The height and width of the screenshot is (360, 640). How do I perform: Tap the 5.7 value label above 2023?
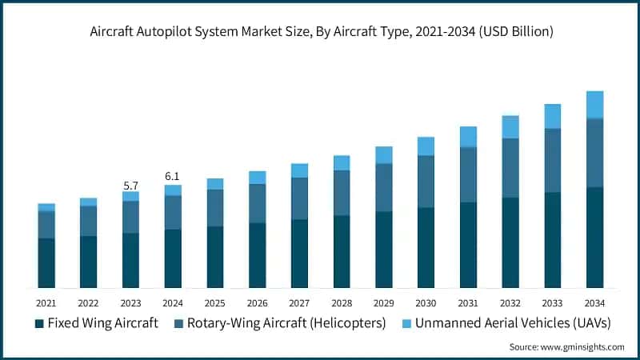[x=130, y=186]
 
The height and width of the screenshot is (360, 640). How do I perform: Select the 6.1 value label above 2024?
[x=173, y=176]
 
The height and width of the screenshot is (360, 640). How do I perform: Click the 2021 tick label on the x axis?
[x=46, y=303]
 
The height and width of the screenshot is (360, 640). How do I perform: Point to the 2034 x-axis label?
[x=594, y=303]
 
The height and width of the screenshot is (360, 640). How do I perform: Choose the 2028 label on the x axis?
[x=342, y=303]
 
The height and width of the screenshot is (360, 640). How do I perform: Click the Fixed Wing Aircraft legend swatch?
[x=38, y=323]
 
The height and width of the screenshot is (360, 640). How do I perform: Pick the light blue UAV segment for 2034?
[x=594, y=105]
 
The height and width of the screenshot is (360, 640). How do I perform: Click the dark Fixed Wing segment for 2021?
[x=46, y=262]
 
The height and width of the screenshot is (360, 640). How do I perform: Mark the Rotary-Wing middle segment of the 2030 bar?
[x=426, y=182]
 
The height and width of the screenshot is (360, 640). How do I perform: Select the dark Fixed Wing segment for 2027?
[x=299, y=254]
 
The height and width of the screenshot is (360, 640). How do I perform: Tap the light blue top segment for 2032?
[x=510, y=127]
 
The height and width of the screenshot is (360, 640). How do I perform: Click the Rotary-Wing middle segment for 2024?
[x=173, y=212]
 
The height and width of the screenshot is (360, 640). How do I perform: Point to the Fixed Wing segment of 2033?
[x=553, y=240]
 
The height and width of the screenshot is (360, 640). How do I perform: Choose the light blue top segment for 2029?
[x=384, y=155]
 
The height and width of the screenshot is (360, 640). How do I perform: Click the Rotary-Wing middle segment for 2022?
[x=88, y=221]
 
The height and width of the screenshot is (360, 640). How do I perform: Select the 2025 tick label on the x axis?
[x=215, y=303]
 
